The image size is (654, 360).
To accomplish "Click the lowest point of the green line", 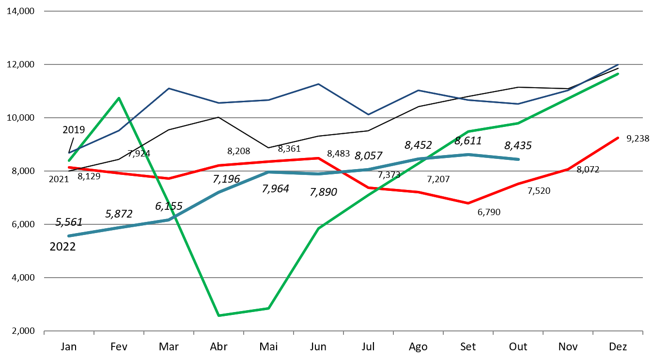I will point(218,315).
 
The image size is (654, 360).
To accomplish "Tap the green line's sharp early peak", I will point(119,98).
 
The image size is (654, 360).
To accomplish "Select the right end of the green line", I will point(619,74).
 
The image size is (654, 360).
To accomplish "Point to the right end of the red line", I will point(619,138).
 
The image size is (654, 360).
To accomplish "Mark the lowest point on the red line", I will point(468,203).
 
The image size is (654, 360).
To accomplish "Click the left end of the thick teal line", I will point(69,236).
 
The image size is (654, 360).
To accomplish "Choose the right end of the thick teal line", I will point(518,159).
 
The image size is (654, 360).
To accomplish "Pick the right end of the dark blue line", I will point(619,64).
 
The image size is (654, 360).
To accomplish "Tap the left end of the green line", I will point(69,160).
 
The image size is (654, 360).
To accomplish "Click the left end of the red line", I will point(69,167).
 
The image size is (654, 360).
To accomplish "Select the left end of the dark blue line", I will point(69,153).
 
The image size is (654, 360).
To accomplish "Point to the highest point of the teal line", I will point(468,155).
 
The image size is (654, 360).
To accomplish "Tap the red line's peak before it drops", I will point(318,158).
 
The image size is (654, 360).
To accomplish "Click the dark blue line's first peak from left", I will point(169,88).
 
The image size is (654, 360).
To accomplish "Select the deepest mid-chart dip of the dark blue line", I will point(368,114).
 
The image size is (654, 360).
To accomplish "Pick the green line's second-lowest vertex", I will point(268,308).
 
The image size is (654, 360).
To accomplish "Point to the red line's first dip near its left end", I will point(169,178).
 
